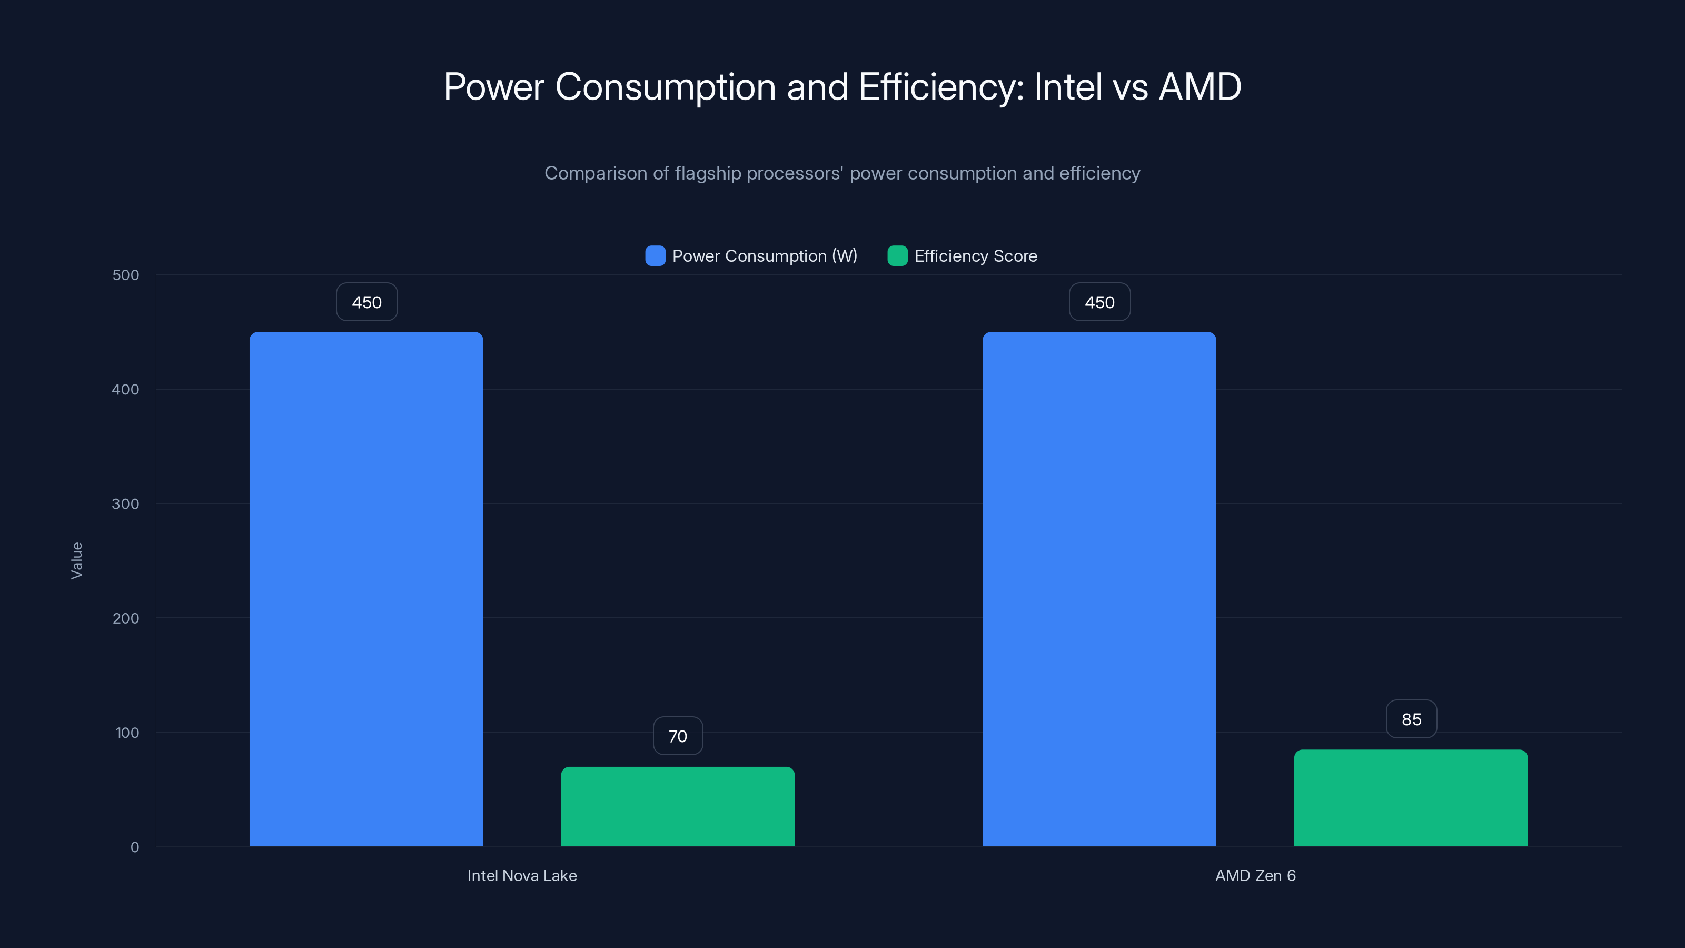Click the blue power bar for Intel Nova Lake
point(366,589)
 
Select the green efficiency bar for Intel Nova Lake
point(678,807)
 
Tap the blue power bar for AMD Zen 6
point(1099,589)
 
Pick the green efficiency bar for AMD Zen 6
point(1411,798)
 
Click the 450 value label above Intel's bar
point(366,302)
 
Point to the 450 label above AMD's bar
point(1099,302)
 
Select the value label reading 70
point(678,736)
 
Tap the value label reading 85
point(1412,719)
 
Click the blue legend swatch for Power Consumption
point(655,256)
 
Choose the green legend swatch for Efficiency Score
point(897,256)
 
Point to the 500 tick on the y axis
point(126,275)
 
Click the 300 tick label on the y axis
point(126,504)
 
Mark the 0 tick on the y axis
point(135,847)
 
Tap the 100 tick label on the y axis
point(127,733)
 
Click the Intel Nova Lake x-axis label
point(522,875)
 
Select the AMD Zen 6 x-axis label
point(1255,875)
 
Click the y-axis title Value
point(76,560)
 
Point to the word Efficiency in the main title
point(940,87)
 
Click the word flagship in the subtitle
point(708,173)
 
